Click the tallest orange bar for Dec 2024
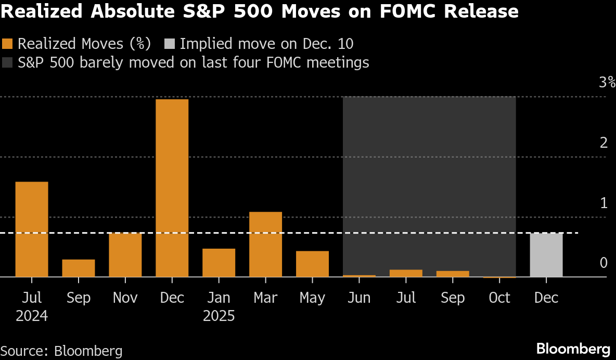tap(172, 188)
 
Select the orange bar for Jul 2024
tap(32, 229)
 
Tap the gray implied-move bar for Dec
tap(546, 255)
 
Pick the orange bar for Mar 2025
tap(265, 244)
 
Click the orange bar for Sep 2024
tap(79, 268)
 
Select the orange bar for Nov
tap(125, 255)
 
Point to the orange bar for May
tap(312, 264)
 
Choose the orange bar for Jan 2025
tap(219, 263)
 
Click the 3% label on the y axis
tap(607, 82)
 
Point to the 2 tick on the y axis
tap(604, 143)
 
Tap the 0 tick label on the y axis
tap(604, 263)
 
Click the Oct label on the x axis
tap(499, 298)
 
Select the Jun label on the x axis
tap(359, 298)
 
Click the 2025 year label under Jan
tap(219, 316)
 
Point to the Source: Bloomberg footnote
tap(61, 351)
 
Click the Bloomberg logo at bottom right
tap(573, 349)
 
